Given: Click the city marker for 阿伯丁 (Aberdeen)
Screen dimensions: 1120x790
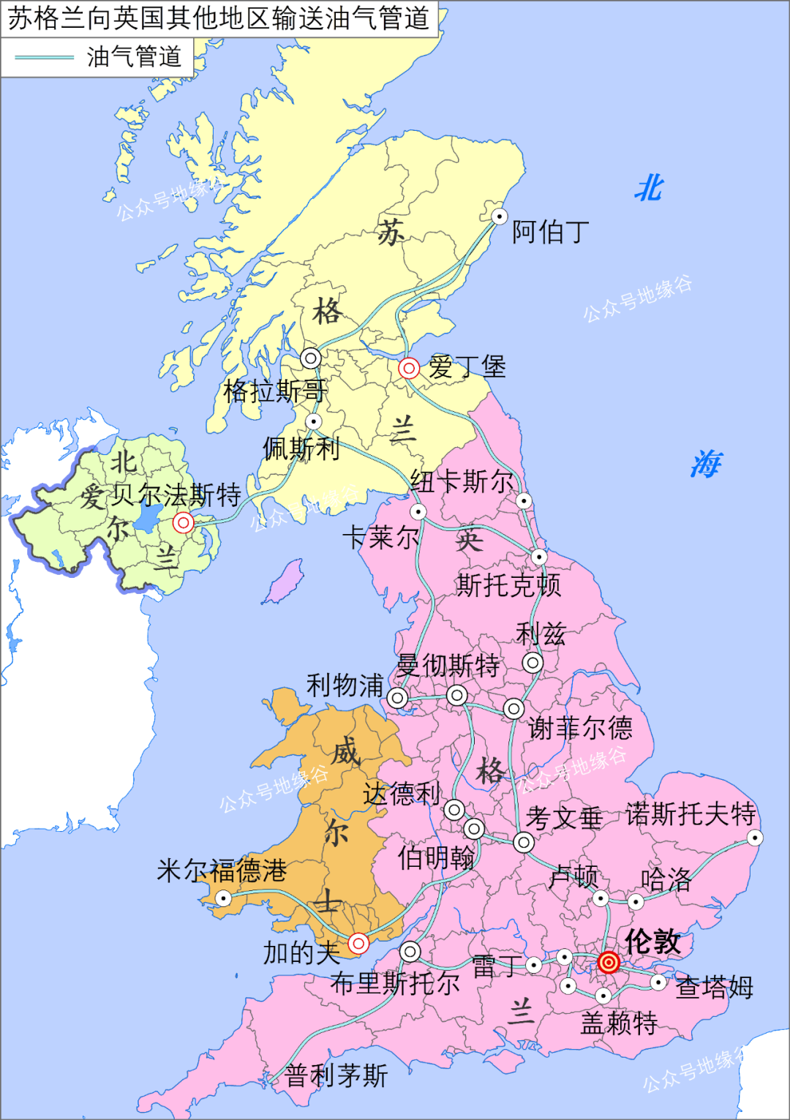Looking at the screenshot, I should click(x=499, y=216).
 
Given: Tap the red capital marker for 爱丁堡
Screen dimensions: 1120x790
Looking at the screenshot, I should click(x=408, y=368).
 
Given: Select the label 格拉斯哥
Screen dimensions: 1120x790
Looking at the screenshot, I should click(x=275, y=391).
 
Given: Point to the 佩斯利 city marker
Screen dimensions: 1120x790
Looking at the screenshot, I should click(x=313, y=421).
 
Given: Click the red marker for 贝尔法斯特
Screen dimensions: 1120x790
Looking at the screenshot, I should click(x=183, y=522).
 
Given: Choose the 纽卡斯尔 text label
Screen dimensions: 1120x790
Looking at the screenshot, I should click(x=462, y=481).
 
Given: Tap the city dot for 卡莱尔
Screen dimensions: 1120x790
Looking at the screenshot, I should click(x=418, y=511).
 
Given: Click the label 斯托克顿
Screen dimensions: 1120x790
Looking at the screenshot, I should click(x=508, y=585).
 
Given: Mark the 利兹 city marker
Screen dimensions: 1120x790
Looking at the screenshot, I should click(x=533, y=663).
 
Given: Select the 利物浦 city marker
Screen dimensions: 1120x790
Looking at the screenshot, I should click(x=397, y=697).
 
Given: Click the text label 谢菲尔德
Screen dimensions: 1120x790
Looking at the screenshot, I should click(x=580, y=728).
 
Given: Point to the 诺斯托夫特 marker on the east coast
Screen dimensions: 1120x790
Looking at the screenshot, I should click(x=755, y=838).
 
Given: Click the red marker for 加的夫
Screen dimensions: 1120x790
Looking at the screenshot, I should click(x=358, y=943).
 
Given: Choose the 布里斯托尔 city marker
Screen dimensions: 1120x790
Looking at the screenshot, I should click(x=410, y=951).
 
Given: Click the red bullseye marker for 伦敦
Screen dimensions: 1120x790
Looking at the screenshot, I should click(x=609, y=962).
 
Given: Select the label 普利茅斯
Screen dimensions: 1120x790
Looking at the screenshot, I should click(x=336, y=1075).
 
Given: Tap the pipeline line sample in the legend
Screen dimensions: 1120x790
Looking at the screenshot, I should click(x=44, y=57).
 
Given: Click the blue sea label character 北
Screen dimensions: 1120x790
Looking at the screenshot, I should click(x=649, y=189).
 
